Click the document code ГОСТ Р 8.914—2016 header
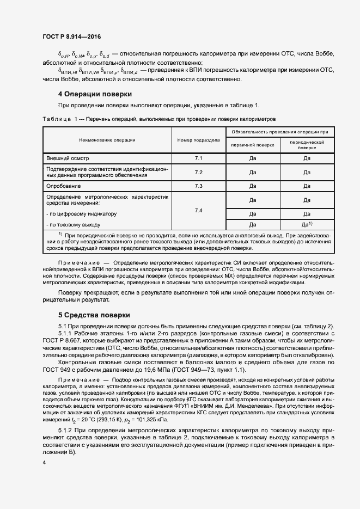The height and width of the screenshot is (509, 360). [x=71, y=37]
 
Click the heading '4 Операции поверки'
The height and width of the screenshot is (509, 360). [x=95, y=94]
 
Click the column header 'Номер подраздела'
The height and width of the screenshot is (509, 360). [x=198, y=140]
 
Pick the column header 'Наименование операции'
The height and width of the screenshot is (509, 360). [x=107, y=140]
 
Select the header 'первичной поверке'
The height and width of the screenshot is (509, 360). [x=253, y=145]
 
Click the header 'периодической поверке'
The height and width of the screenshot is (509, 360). [x=307, y=144]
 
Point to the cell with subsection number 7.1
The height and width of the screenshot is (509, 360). [x=198, y=158]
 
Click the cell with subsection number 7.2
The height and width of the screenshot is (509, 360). [x=198, y=173]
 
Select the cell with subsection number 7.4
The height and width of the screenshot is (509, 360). [x=198, y=210]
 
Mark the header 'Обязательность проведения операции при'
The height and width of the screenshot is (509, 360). [x=279, y=132]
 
